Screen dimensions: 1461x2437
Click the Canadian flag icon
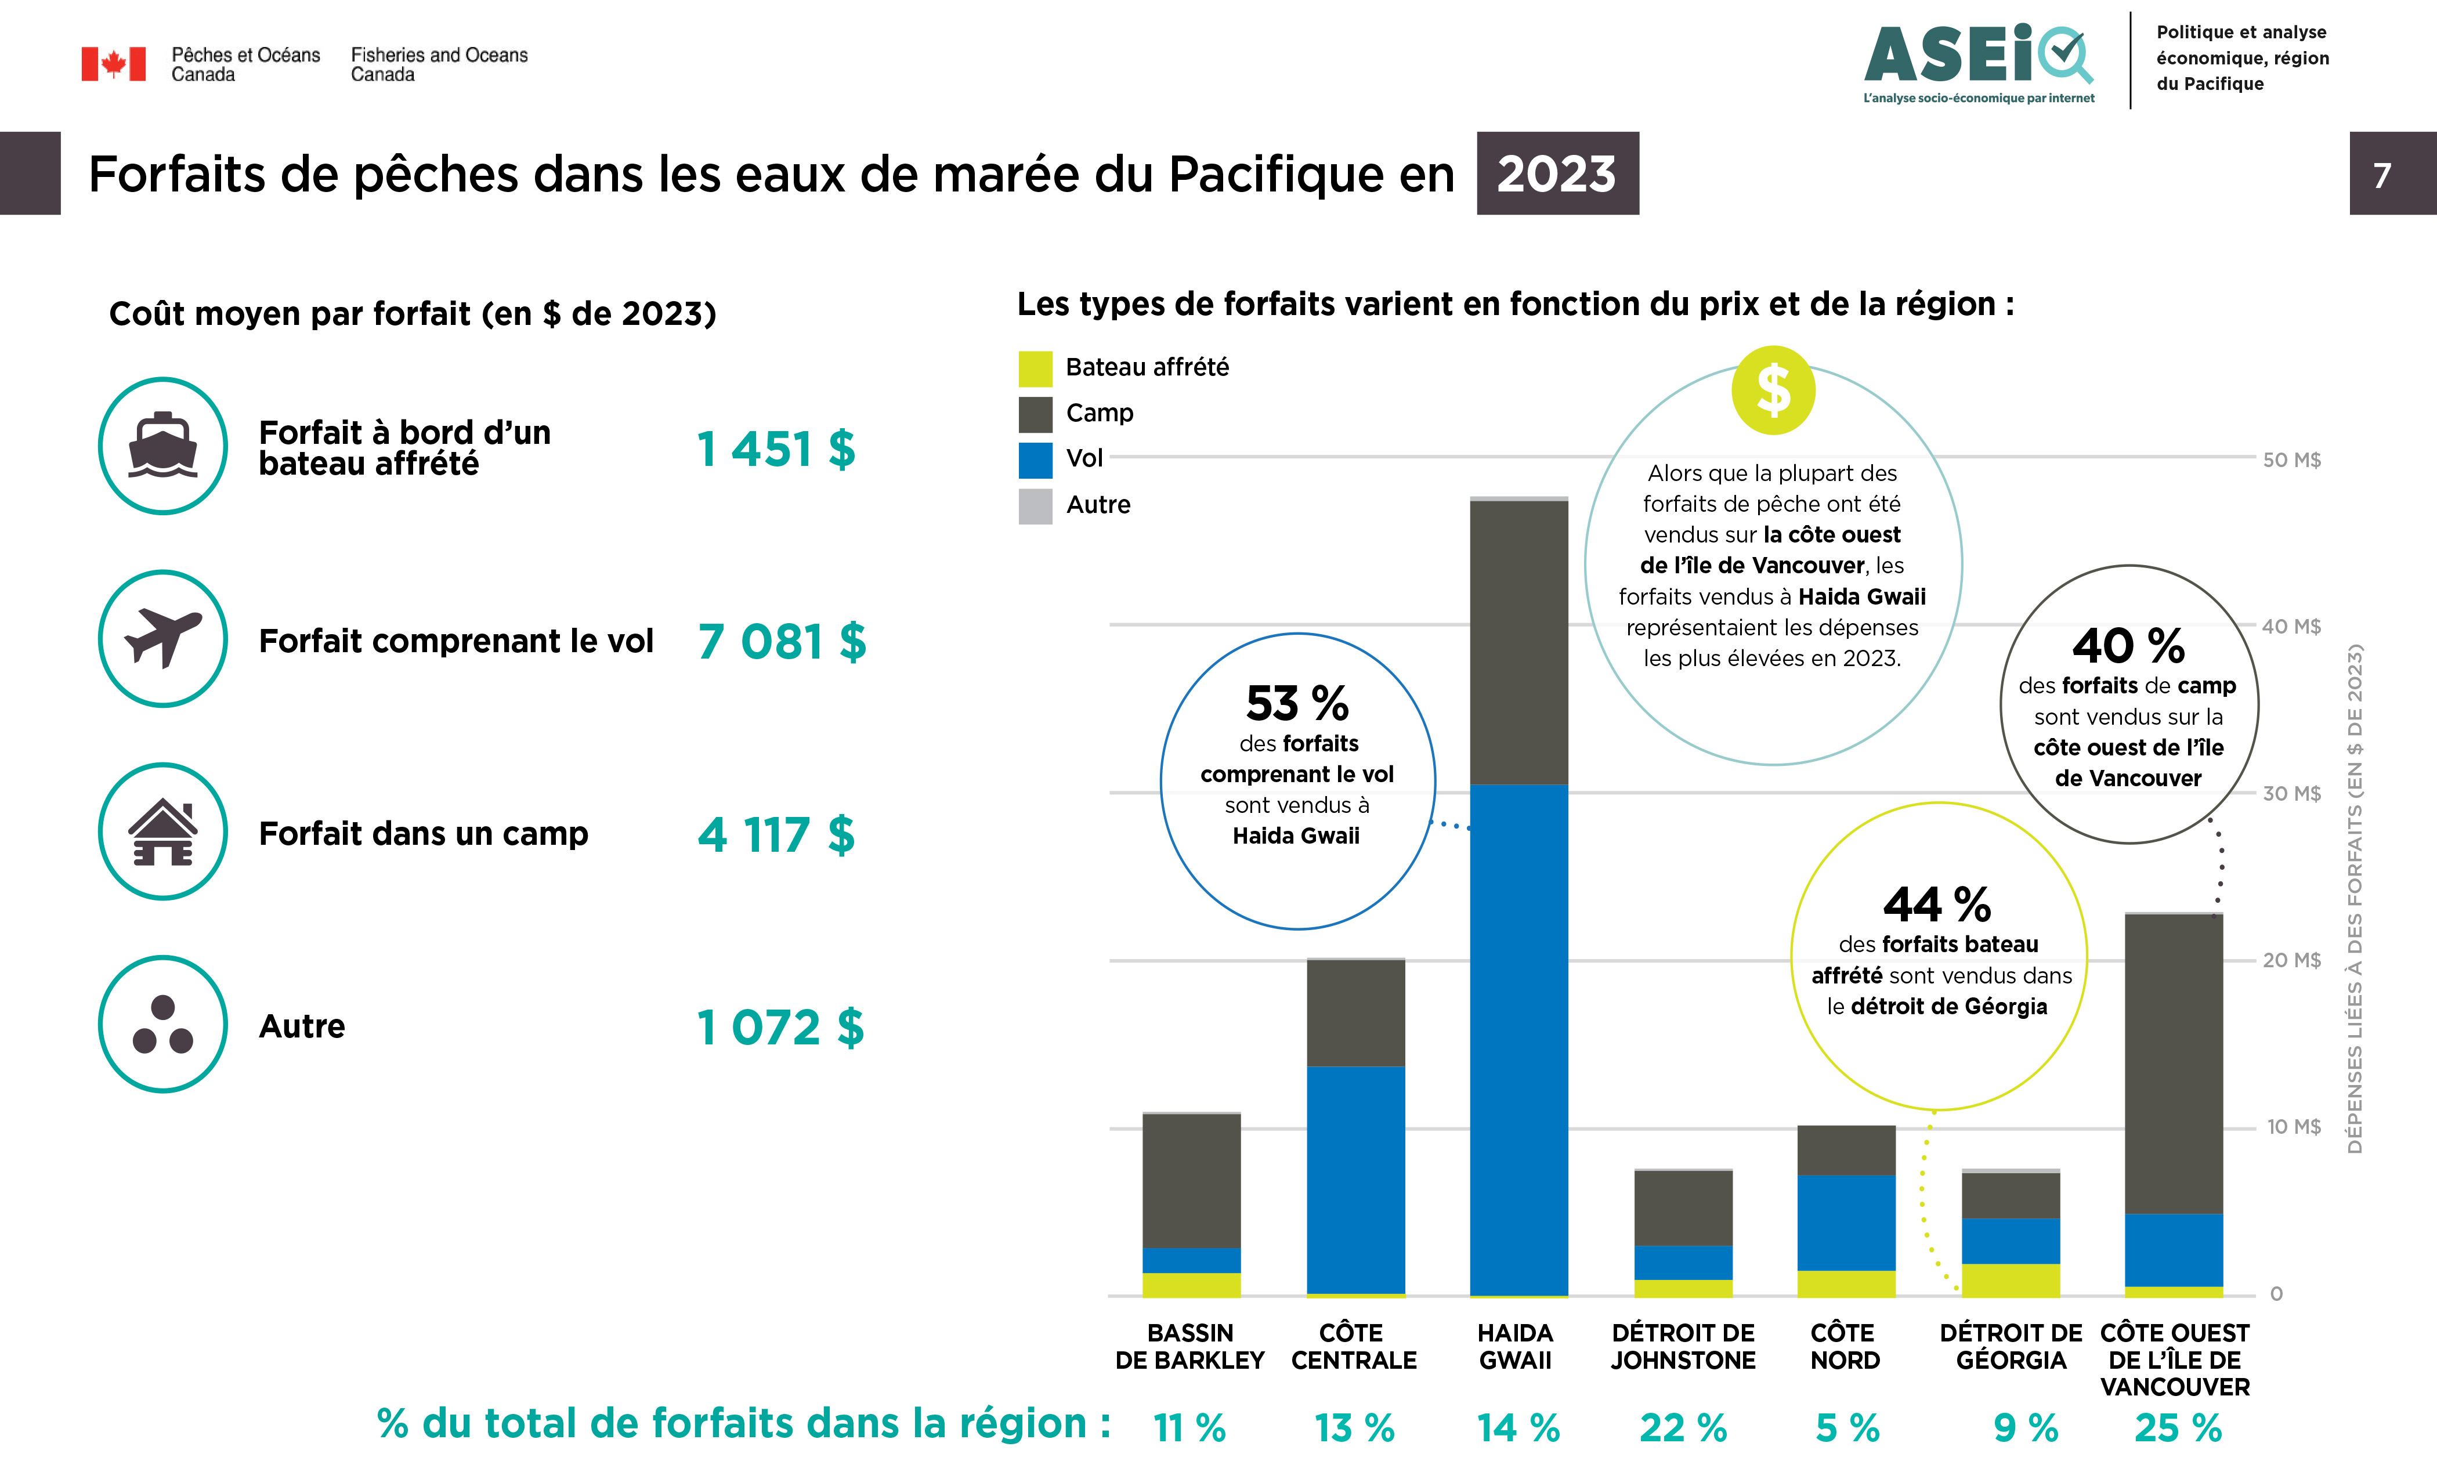pos(113,64)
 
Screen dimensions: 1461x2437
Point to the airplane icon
pos(164,638)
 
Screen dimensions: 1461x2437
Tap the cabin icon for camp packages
pos(164,832)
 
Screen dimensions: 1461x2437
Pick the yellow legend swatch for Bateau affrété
pos(1035,368)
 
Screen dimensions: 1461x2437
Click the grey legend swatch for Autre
pos(1035,506)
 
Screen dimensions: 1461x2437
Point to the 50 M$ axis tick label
pos(2291,460)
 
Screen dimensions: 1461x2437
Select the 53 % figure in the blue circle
pos(1297,703)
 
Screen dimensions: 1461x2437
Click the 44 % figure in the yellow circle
pos(1936,904)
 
